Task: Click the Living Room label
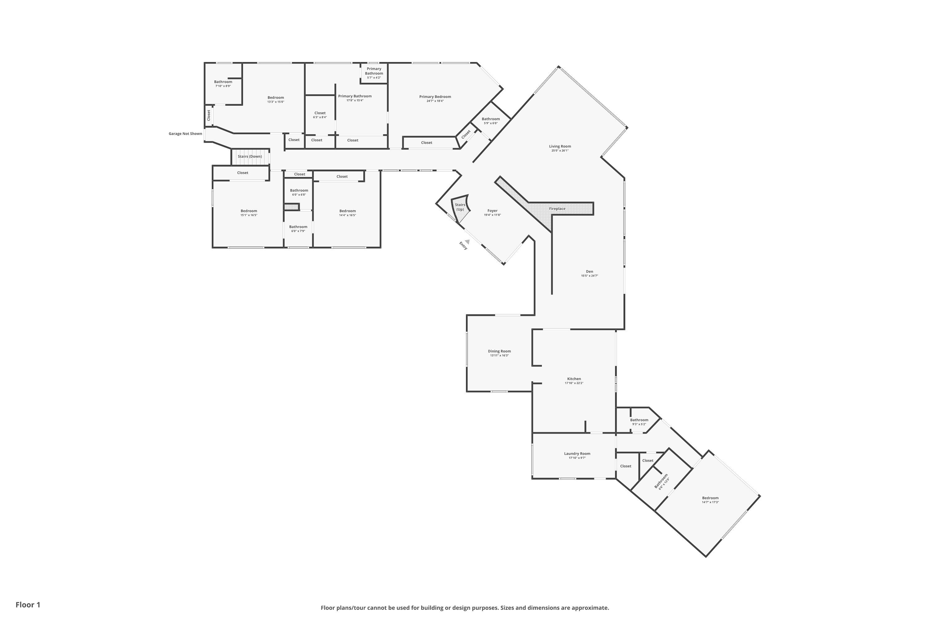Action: pyautogui.click(x=560, y=146)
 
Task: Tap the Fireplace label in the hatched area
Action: pyautogui.click(x=557, y=209)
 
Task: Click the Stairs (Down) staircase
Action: pyautogui.click(x=250, y=157)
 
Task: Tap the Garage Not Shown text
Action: pyautogui.click(x=185, y=134)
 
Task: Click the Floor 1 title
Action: pyautogui.click(x=28, y=604)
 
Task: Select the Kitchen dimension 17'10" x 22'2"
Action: pyautogui.click(x=574, y=383)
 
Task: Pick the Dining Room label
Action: pyautogui.click(x=499, y=351)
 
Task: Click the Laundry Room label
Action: pyautogui.click(x=577, y=454)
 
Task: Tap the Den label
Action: pyautogui.click(x=589, y=272)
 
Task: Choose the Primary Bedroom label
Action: pyautogui.click(x=435, y=96)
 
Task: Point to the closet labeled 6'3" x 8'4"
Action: pyautogui.click(x=320, y=115)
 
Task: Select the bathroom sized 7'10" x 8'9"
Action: pyautogui.click(x=223, y=84)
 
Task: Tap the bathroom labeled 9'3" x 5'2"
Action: pyautogui.click(x=639, y=422)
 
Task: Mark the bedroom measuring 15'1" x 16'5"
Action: pyautogui.click(x=249, y=213)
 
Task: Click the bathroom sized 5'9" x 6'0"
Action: pyautogui.click(x=490, y=121)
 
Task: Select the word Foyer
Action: pyautogui.click(x=492, y=211)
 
